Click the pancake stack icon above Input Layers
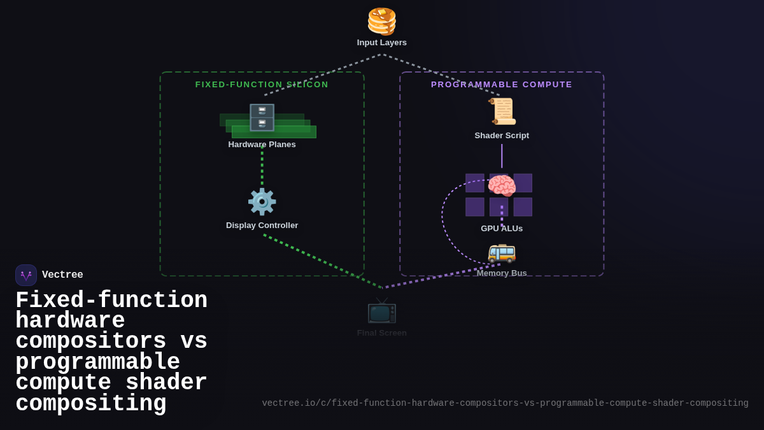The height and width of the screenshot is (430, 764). tap(382, 21)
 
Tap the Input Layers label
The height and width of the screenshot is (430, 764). tap(382, 43)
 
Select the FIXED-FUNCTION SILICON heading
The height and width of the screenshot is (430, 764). tap(262, 85)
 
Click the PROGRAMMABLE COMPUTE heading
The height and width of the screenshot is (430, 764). tap(502, 85)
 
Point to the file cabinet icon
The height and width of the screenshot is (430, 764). tap(262, 118)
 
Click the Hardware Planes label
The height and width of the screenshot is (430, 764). tap(262, 145)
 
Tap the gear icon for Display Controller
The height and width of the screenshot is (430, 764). tap(262, 202)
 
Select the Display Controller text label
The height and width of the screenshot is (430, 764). tap(262, 226)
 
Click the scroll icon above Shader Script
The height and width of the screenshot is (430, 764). tap(502, 111)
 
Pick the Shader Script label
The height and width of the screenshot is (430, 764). tap(502, 136)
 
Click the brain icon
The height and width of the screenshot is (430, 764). tap(502, 187)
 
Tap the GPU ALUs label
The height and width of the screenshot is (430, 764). tap(502, 229)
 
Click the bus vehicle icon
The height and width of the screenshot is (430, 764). tap(502, 252)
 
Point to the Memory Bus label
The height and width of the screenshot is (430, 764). tap(502, 273)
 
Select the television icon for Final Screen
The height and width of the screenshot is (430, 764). tap(382, 310)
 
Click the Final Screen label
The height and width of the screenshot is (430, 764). tap(382, 333)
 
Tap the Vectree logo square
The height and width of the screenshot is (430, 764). tap(26, 275)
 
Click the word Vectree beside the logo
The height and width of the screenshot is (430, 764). tap(62, 275)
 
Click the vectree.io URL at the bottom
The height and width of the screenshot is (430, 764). tap(505, 403)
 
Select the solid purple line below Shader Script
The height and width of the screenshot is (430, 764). tap(502, 156)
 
